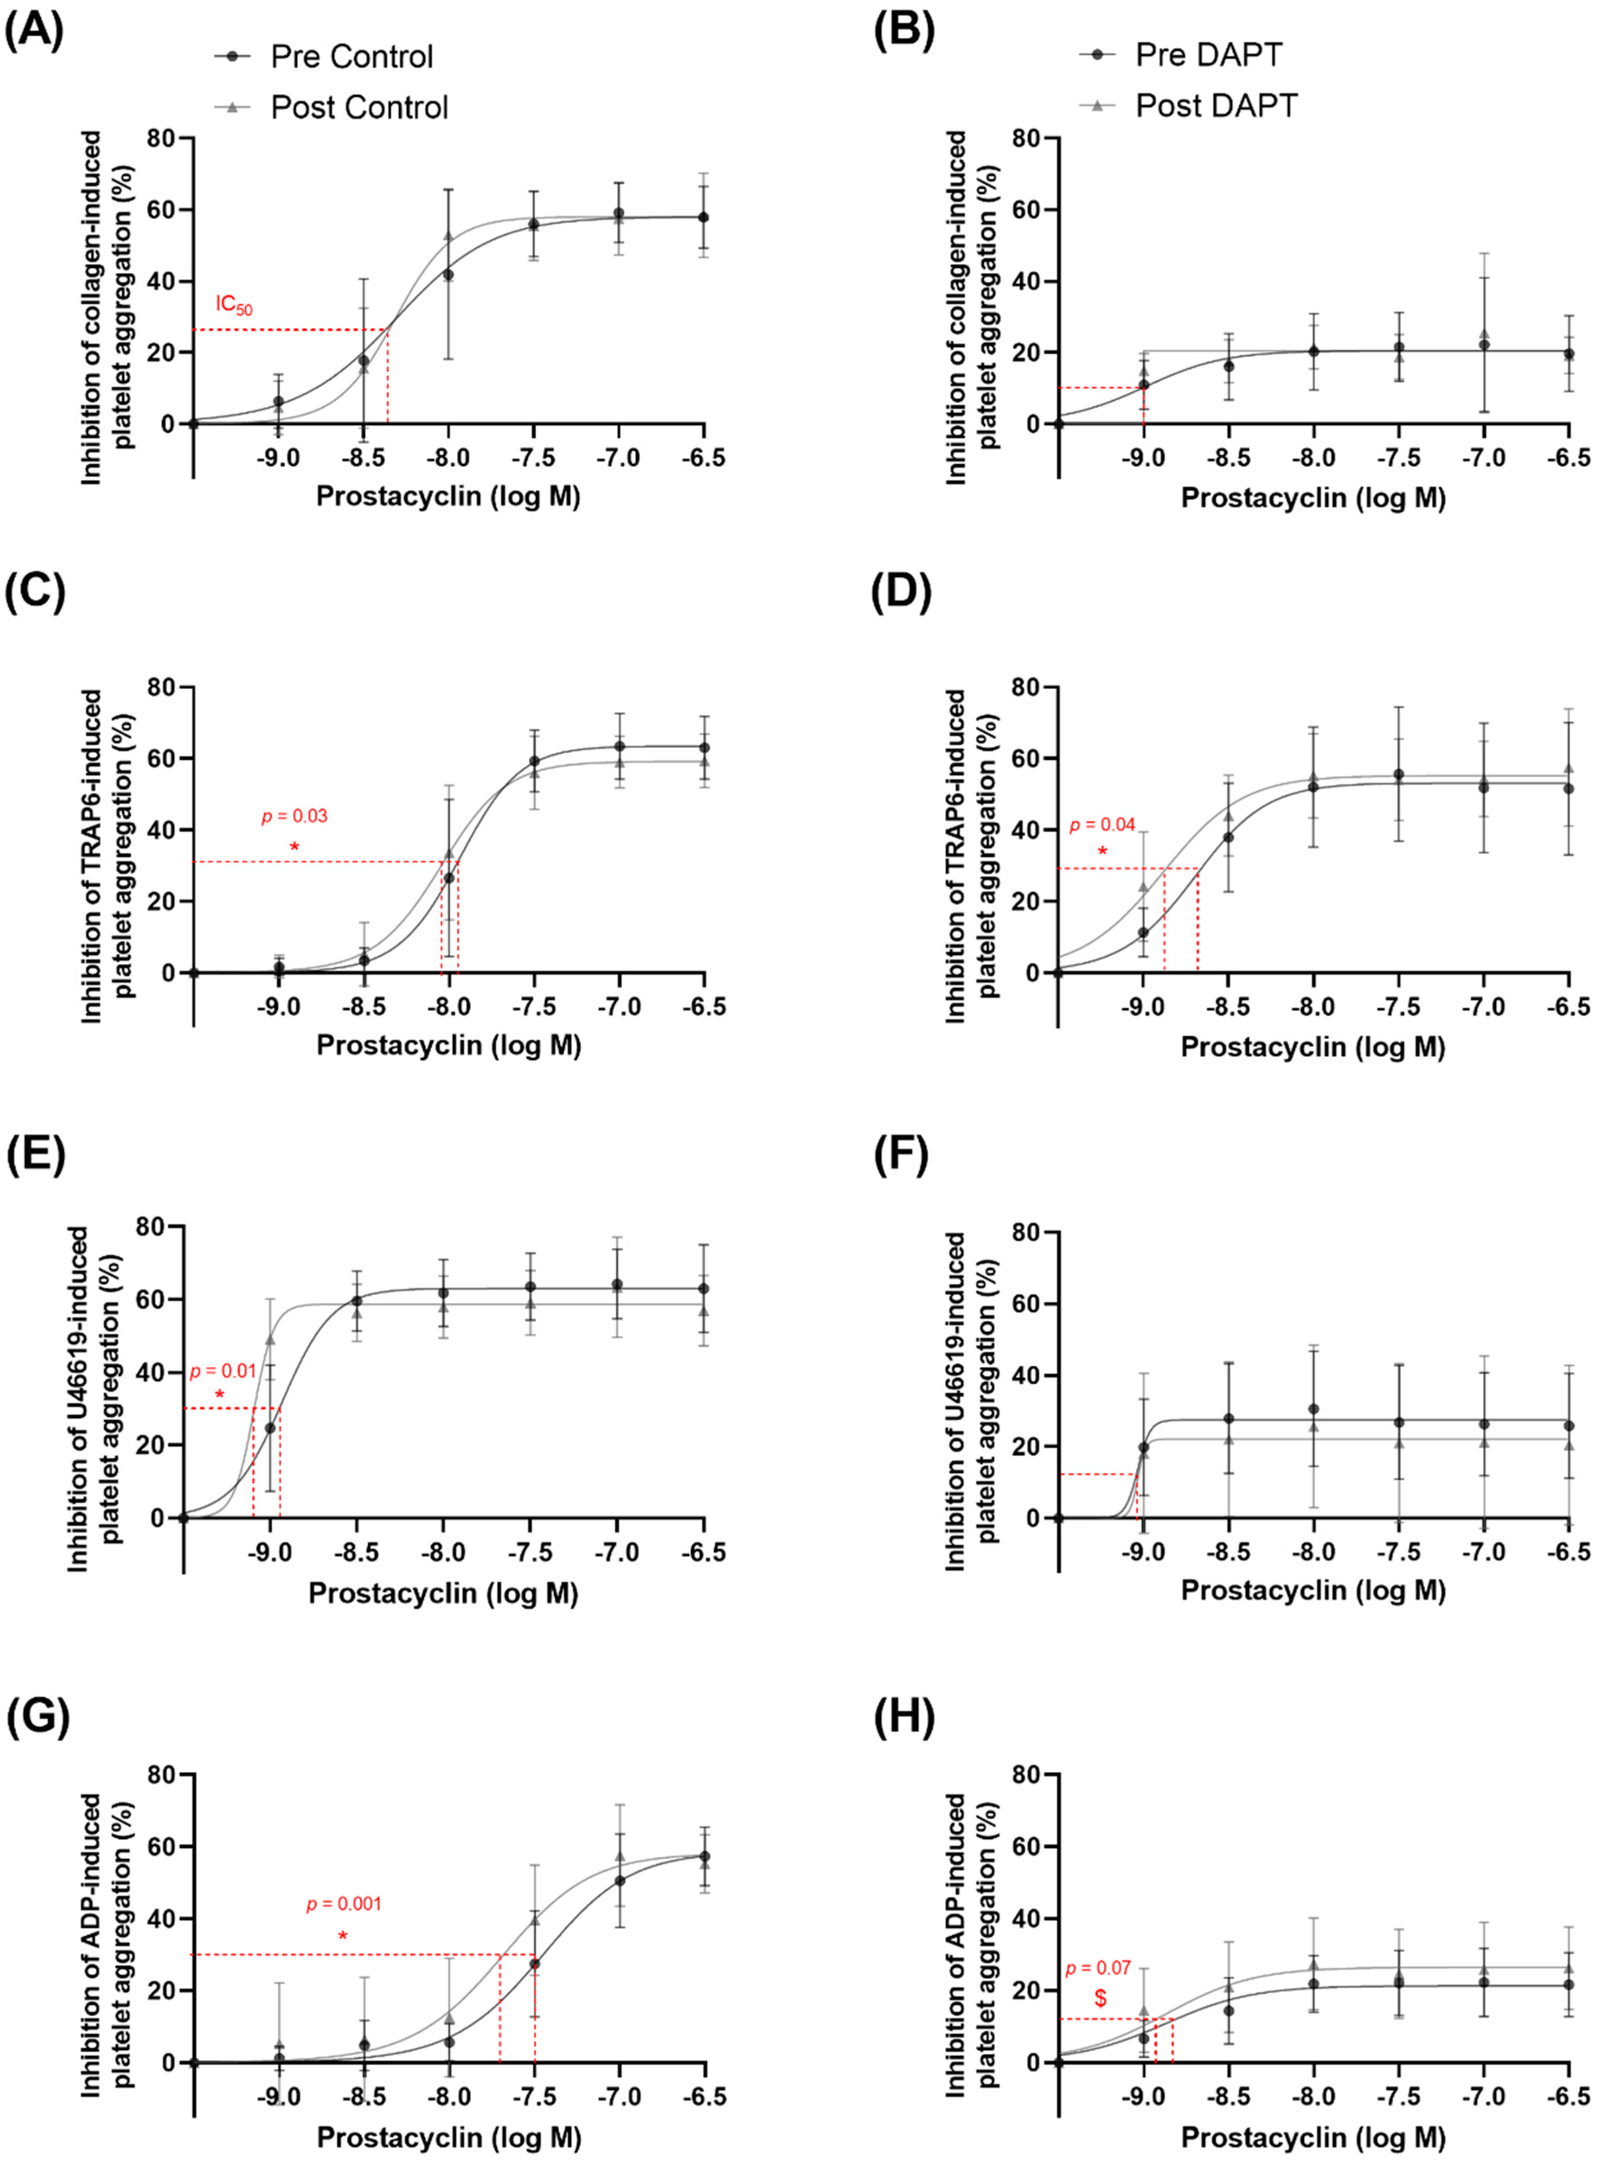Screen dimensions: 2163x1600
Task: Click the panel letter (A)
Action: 34,32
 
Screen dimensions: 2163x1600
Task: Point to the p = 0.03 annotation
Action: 294,816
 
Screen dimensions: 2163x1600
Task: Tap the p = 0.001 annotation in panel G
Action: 344,1903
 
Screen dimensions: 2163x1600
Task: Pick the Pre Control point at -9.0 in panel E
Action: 270,1427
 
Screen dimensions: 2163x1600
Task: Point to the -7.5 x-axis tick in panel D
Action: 1398,1007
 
